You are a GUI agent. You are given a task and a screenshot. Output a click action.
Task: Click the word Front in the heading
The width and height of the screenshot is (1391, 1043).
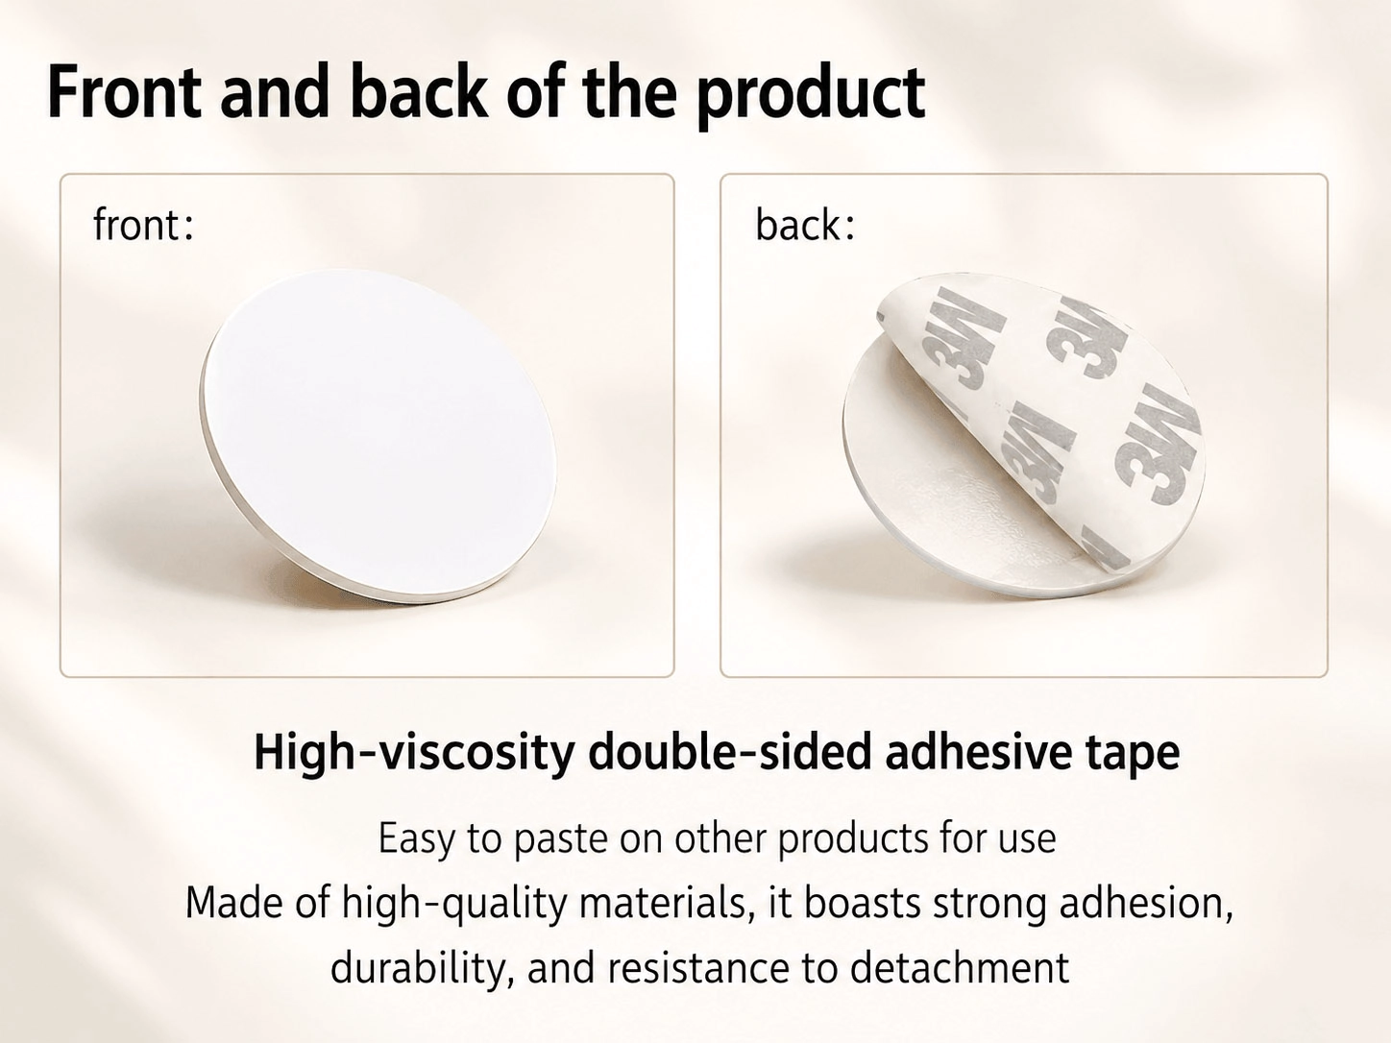[x=124, y=92]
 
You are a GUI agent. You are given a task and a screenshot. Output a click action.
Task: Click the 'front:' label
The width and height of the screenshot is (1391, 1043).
[x=143, y=226]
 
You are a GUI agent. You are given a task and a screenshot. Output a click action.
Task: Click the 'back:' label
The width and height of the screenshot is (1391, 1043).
[x=805, y=225]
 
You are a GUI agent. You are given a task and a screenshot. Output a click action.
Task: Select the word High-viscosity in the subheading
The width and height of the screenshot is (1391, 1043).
[x=414, y=753]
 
